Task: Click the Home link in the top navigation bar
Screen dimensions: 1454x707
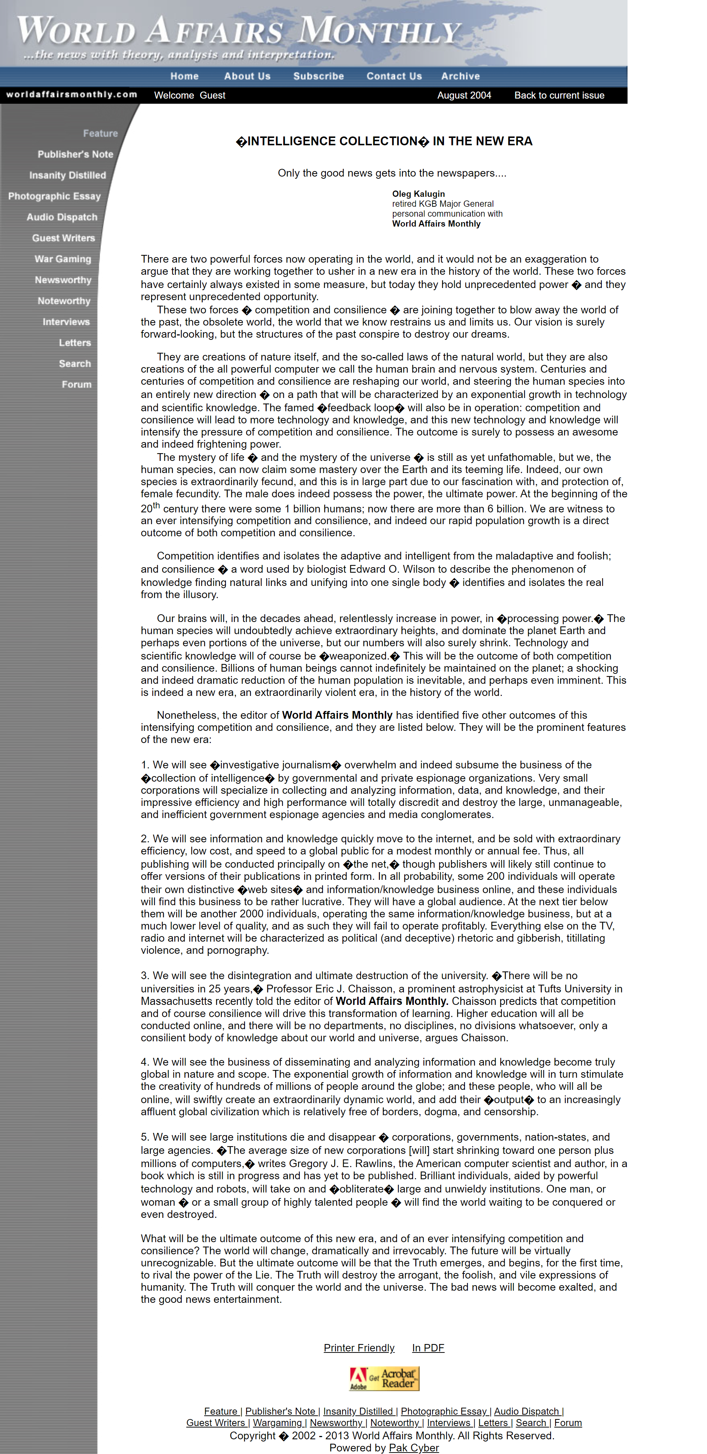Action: pyautogui.click(x=184, y=76)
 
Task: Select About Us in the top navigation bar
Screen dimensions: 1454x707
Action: pyautogui.click(x=247, y=76)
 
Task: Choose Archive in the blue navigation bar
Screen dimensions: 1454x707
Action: pyautogui.click(x=460, y=76)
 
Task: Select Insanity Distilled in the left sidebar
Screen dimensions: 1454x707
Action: pyautogui.click(x=67, y=175)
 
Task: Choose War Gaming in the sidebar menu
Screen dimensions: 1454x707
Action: pyautogui.click(x=62, y=259)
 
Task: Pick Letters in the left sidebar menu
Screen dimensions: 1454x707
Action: pyautogui.click(x=75, y=342)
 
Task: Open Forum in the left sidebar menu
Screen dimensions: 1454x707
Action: pyautogui.click(x=76, y=384)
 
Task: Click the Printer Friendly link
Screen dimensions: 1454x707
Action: pyautogui.click(x=359, y=1348)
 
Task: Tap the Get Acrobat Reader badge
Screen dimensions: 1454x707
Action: pyautogui.click(x=384, y=1378)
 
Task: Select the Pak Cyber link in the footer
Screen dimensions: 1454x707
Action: pyautogui.click(x=413, y=1448)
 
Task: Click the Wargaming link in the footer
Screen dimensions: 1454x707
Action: pyautogui.click(x=278, y=1423)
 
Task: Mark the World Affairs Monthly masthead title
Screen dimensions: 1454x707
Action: pyautogui.click(x=239, y=31)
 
